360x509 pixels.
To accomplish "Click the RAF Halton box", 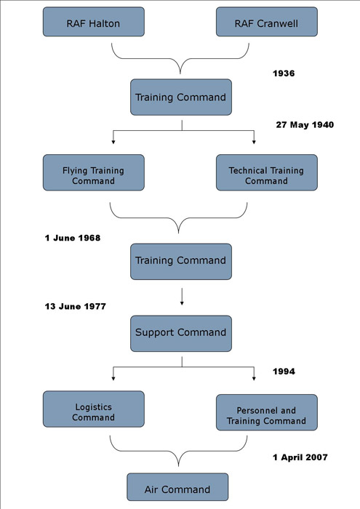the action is pyautogui.click(x=94, y=22).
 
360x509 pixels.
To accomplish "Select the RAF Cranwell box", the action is pyautogui.click(x=267, y=22).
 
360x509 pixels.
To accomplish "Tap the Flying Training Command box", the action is pyautogui.click(x=94, y=172).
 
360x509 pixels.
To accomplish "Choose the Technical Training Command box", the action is pyautogui.click(x=267, y=172).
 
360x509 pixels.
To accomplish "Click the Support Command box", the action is pyautogui.click(x=181, y=333).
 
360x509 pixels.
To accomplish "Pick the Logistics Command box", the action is pyautogui.click(x=94, y=409).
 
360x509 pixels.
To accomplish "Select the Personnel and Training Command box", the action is pyautogui.click(x=267, y=412).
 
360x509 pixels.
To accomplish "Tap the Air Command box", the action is pyautogui.click(x=177, y=487).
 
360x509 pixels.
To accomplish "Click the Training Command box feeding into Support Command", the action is pyautogui.click(x=181, y=262).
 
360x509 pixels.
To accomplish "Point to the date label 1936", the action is pyautogui.click(x=284, y=73).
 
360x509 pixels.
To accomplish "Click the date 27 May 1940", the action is pyautogui.click(x=305, y=125).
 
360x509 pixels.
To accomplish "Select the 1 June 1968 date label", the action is pyautogui.click(x=73, y=238).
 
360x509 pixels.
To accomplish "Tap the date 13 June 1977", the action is pyautogui.click(x=76, y=306).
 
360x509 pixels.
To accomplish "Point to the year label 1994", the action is pyautogui.click(x=284, y=372).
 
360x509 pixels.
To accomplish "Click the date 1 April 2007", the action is pyautogui.click(x=300, y=457).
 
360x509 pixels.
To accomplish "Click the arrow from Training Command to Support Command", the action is pyautogui.click(x=182, y=297).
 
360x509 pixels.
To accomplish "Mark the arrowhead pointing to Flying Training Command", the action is pyautogui.click(x=113, y=142).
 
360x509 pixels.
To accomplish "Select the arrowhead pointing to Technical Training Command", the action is pyautogui.click(x=254, y=142).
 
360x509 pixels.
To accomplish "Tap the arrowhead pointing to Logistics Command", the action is pyautogui.click(x=113, y=378).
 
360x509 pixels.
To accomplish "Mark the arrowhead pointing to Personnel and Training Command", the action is pyautogui.click(x=254, y=378).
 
